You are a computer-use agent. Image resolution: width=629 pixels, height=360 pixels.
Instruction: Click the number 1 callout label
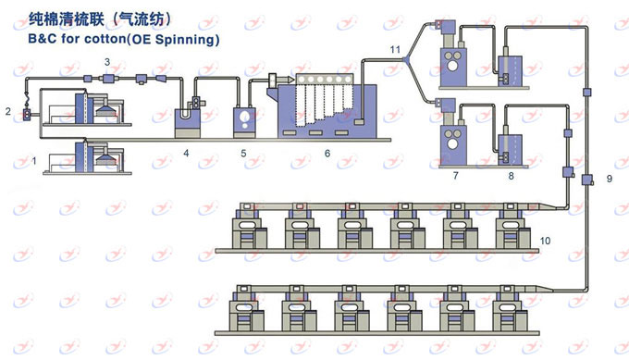[x=34, y=161]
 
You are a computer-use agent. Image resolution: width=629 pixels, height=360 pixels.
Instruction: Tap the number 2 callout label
[x=8, y=111]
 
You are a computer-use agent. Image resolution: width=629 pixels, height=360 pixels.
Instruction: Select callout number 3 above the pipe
[x=107, y=62]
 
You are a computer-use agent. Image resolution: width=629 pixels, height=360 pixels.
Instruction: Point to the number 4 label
[x=186, y=153]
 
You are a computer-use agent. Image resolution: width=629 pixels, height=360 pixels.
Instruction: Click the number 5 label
[x=243, y=154]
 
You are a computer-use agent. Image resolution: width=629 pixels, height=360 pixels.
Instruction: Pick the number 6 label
[x=327, y=154]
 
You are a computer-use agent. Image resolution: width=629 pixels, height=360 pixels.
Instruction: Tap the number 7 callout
[x=455, y=176]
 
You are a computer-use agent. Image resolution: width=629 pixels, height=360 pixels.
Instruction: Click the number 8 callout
[x=511, y=176]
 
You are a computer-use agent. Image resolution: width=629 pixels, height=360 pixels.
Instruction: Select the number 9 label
[x=610, y=179]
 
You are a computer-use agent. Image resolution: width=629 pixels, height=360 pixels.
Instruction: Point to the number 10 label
[x=545, y=241]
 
